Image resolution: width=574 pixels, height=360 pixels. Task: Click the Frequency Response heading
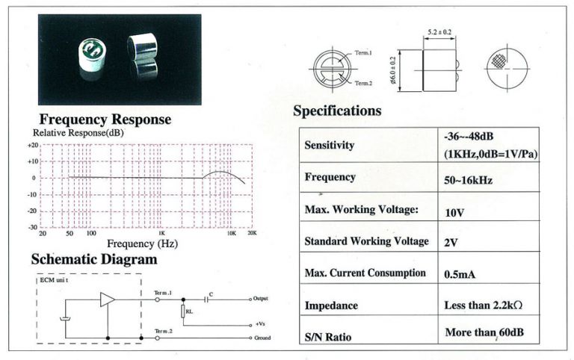(x=105, y=120)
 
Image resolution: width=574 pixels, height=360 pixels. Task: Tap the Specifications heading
(x=337, y=111)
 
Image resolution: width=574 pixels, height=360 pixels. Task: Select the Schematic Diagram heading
(x=94, y=259)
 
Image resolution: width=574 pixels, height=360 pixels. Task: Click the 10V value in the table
(x=454, y=213)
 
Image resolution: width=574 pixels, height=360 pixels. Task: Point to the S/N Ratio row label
(x=328, y=337)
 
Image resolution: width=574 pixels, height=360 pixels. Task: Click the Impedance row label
(x=331, y=305)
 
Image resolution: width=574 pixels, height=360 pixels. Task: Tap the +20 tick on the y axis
(x=33, y=145)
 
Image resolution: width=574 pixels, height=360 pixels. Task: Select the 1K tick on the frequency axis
(x=161, y=233)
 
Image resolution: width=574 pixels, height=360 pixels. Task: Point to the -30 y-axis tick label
(x=33, y=227)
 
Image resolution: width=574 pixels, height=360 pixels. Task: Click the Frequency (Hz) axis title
(x=143, y=243)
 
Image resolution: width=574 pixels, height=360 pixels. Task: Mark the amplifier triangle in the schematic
(x=108, y=300)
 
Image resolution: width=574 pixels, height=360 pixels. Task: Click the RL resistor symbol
(x=183, y=311)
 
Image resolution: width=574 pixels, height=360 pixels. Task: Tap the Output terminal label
(x=261, y=299)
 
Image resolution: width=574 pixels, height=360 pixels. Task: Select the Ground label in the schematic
(x=262, y=338)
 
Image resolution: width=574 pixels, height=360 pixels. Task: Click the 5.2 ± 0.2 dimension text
(x=439, y=32)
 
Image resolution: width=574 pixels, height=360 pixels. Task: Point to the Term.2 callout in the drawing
(x=363, y=84)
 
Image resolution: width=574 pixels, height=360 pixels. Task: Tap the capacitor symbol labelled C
(x=206, y=300)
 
